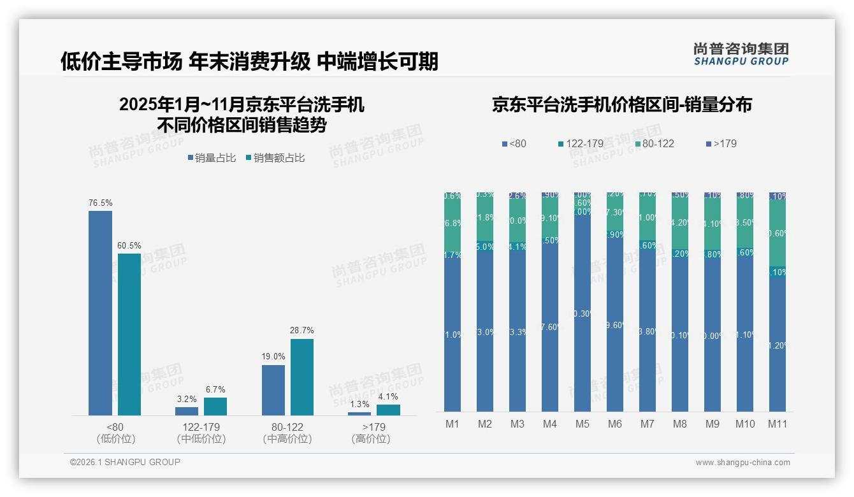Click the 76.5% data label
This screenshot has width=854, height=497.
click(101, 203)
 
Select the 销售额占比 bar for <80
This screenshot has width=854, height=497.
click(129, 335)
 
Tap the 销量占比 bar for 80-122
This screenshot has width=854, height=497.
click(273, 390)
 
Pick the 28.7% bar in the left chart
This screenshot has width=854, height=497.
click(302, 377)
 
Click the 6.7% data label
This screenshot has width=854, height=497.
click(215, 390)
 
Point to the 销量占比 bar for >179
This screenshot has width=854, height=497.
click(359, 414)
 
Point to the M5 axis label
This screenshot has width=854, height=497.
click(583, 424)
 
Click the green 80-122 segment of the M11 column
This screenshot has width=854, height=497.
click(778, 233)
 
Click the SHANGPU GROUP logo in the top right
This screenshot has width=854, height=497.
click(741, 54)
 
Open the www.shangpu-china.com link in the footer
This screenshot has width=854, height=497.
click(742, 463)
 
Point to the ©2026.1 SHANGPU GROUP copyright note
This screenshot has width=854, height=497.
click(125, 462)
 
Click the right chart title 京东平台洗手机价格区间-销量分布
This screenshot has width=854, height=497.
click(622, 104)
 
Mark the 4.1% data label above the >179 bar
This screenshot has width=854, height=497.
click(388, 397)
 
